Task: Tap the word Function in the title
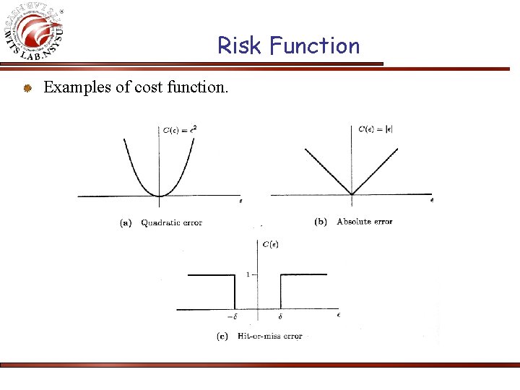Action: click(314, 46)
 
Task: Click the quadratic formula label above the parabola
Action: click(180, 130)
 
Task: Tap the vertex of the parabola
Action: click(160, 195)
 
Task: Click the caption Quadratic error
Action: click(172, 223)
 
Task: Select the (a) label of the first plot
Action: click(126, 223)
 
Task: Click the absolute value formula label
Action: click(376, 129)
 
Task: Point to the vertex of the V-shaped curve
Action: click(352, 194)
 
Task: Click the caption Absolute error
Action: click(365, 222)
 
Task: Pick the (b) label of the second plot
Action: click(321, 222)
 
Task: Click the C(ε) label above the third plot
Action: click(270, 245)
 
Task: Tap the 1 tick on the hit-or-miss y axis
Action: click(248, 274)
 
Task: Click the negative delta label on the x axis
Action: click(233, 317)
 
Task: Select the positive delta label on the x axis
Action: click(280, 317)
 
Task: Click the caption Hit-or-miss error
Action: click(269, 337)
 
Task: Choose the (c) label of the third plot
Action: click(222, 337)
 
